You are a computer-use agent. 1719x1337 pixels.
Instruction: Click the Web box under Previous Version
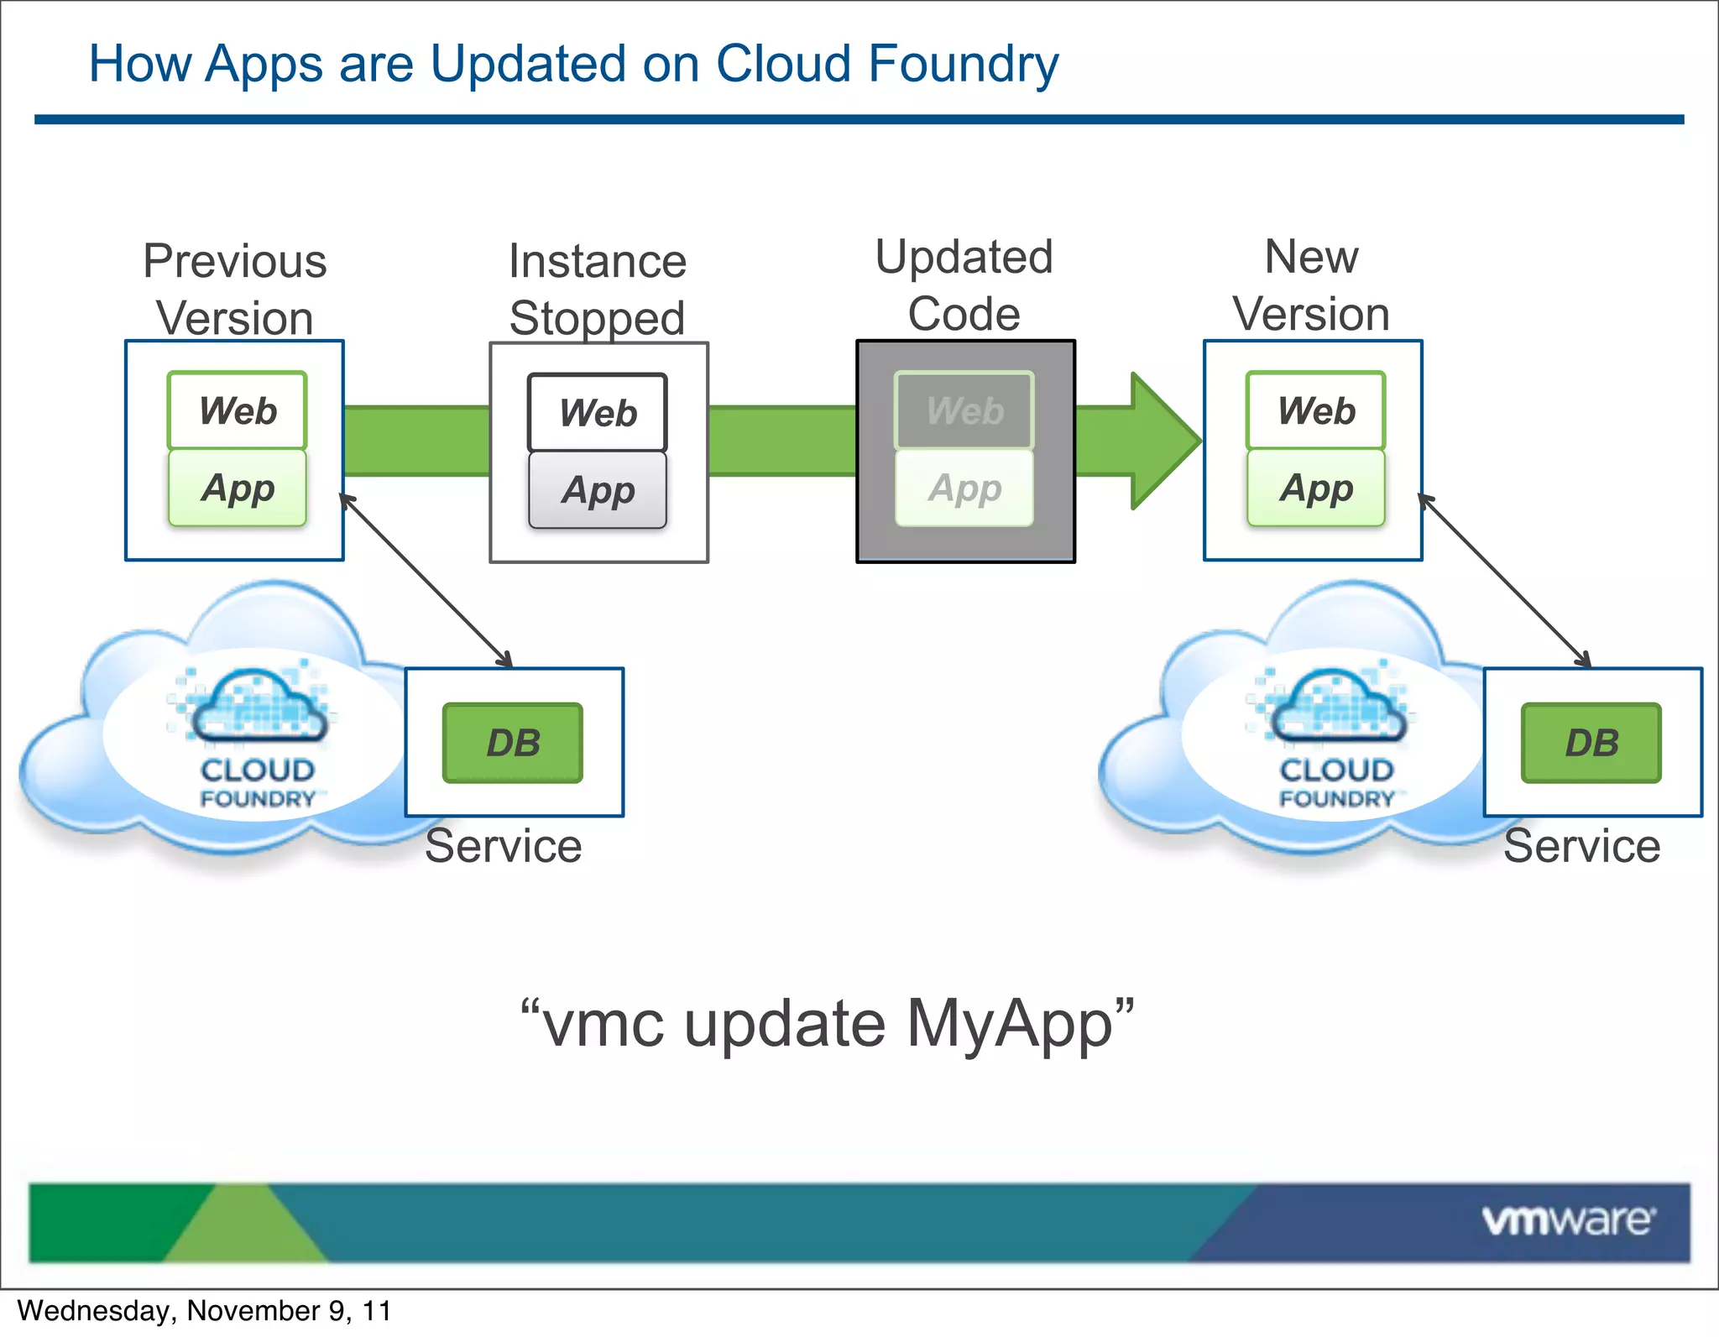point(238,410)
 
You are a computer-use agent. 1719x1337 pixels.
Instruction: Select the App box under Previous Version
point(238,488)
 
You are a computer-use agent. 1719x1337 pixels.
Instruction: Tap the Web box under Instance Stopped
point(598,412)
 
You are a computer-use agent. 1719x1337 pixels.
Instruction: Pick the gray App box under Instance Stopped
point(598,490)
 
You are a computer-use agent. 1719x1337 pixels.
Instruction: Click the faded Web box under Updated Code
point(964,410)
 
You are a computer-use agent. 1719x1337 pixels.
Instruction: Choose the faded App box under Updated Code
point(964,488)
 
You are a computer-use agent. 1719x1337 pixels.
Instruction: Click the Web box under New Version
point(1316,410)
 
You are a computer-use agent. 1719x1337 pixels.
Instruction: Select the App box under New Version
point(1316,488)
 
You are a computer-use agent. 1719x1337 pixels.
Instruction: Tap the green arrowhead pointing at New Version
point(1163,441)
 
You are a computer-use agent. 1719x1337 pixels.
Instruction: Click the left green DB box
point(513,743)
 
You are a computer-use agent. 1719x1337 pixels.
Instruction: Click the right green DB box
point(1591,743)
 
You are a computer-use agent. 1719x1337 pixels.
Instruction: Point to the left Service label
point(503,846)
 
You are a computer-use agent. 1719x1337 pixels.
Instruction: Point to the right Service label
point(1581,846)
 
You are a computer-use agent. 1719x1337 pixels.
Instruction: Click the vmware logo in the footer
point(1568,1220)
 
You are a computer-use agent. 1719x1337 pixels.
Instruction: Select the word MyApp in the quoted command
point(1010,1024)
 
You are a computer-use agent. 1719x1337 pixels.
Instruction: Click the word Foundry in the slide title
point(964,64)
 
